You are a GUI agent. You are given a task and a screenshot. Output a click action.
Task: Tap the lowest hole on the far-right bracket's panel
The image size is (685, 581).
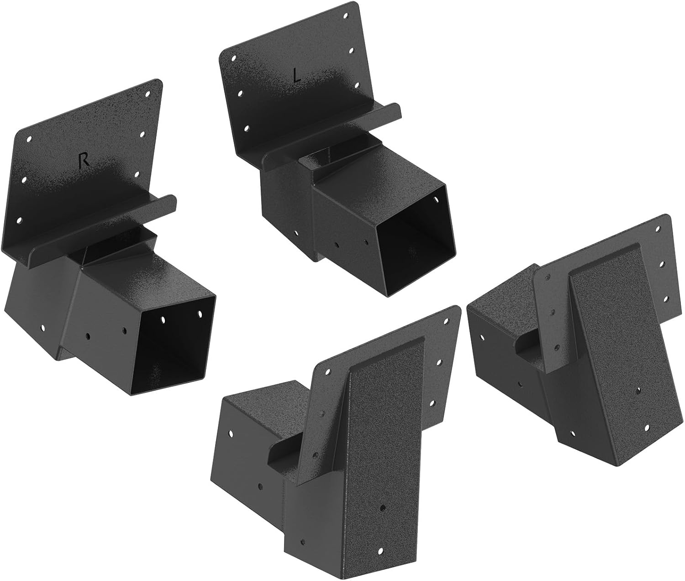click(646, 427)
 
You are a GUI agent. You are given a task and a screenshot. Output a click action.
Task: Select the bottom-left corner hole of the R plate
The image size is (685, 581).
click(19, 220)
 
